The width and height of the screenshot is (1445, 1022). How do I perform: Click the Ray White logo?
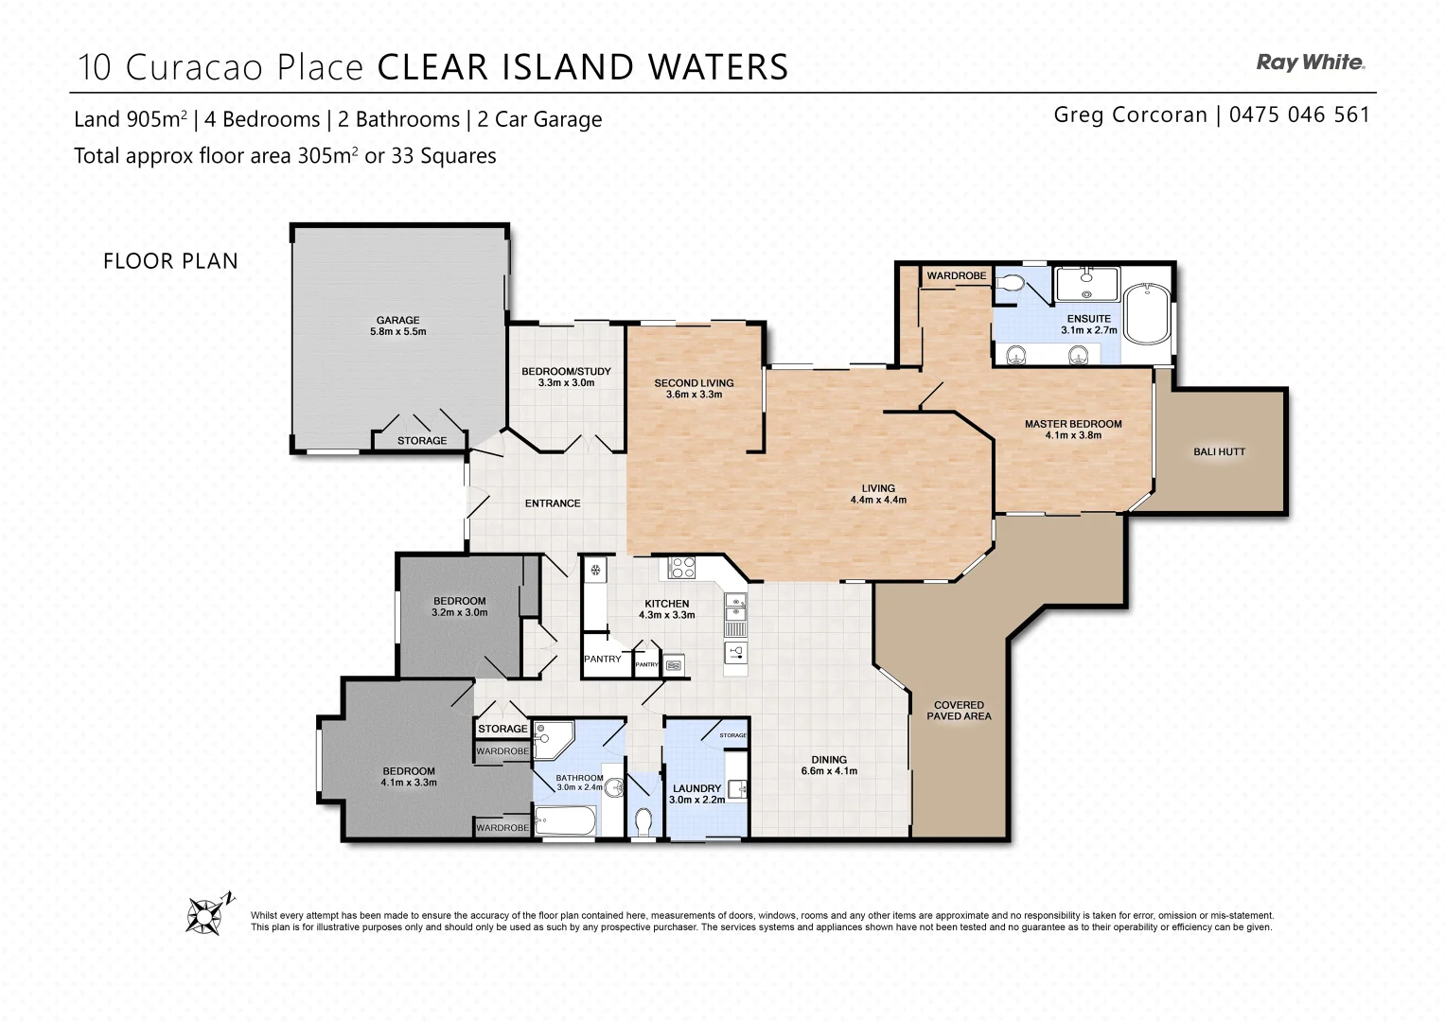[1310, 62]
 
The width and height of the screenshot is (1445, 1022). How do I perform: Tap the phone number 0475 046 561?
[1299, 115]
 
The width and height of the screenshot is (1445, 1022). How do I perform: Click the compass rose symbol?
[207, 914]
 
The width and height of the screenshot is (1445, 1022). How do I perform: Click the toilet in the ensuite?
[1011, 282]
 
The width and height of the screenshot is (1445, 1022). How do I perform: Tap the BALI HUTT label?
[1219, 452]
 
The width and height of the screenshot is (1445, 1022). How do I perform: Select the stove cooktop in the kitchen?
[682, 568]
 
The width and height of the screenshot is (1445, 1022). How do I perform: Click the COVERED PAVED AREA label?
[959, 711]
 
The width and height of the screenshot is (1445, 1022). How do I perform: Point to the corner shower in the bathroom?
[551, 738]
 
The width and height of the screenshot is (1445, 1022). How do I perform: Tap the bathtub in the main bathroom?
[565, 819]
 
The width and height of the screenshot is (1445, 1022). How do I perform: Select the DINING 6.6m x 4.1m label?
[829, 765]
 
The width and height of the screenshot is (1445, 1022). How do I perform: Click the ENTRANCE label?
[553, 503]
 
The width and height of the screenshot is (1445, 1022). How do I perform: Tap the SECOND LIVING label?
[694, 388]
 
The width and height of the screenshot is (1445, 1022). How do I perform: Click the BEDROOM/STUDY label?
[566, 377]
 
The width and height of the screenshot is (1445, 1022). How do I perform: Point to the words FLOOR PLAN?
[170, 261]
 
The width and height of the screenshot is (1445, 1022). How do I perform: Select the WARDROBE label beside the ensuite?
[956, 276]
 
